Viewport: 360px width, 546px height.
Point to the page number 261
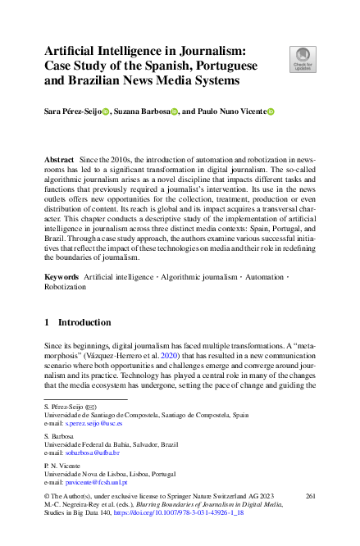coord(310,497)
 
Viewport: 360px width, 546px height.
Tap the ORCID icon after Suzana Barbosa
coord(175,111)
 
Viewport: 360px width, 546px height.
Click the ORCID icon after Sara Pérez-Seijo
coord(104,111)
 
